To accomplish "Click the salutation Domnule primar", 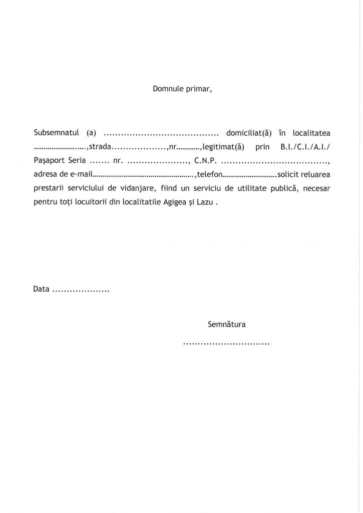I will (x=182, y=90).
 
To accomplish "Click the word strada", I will (x=100, y=147).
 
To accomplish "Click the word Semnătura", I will (x=226, y=324).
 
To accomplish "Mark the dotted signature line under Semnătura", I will (x=226, y=344).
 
